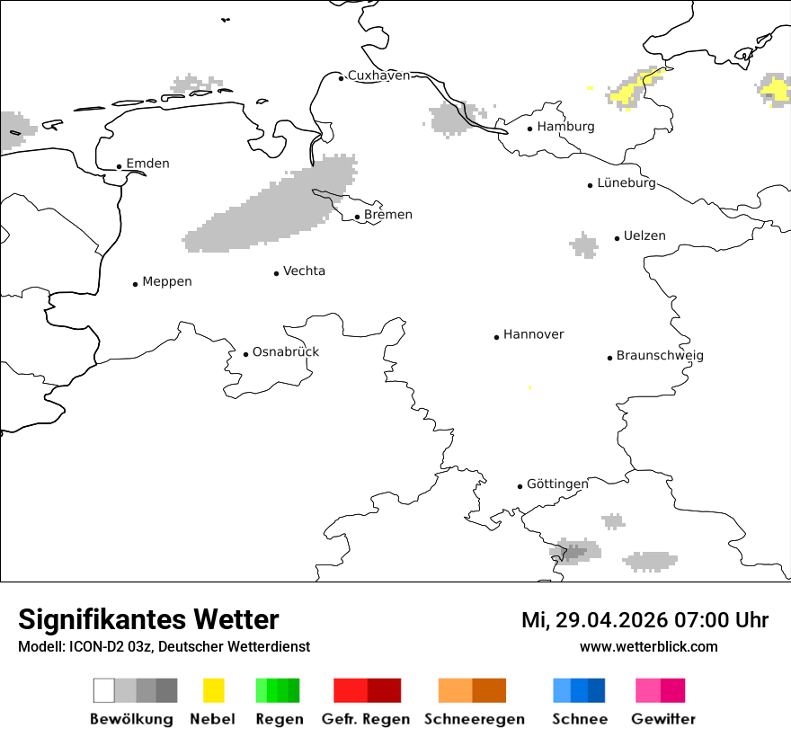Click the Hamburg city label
(565, 127)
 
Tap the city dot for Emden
(119, 166)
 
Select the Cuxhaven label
(378, 75)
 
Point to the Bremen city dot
(357, 217)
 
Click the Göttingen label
(557, 484)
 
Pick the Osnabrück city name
(285, 352)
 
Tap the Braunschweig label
(660, 356)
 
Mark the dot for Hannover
(496, 337)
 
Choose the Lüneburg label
(627, 183)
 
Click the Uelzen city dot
(617, 238)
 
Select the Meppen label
(167, 282)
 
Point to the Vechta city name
(304, 271)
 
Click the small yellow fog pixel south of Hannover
(529, 387)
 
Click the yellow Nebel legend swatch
(213, 690)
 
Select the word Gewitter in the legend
(663, 719)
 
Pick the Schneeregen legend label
(474, 719)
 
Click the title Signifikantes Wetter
(148, 619)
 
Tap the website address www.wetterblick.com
(648, 646)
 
